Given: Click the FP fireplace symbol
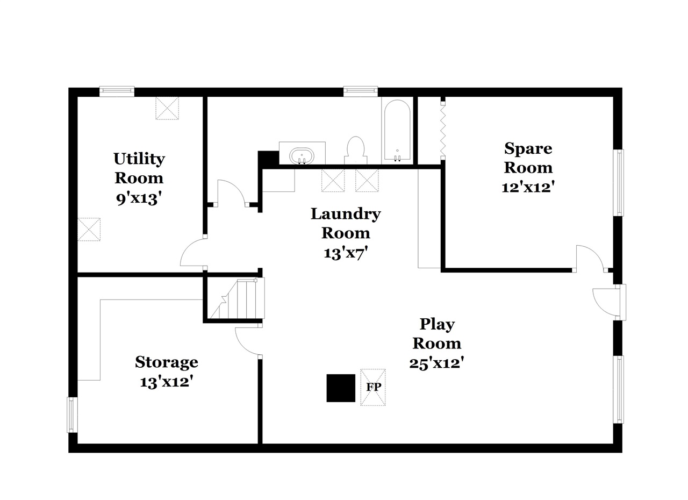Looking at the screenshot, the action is click(372, 387).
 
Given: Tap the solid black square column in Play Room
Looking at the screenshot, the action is click(341, 388).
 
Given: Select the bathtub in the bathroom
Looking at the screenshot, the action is click(397, 131).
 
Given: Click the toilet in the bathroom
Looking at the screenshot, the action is click(355, 150).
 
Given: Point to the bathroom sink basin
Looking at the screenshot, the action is click(302, 156).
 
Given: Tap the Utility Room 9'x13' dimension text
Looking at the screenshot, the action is click(139, 199).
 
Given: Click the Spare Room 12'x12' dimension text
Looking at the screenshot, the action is click(528, 187).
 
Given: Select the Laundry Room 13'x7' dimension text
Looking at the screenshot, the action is click(346, 253).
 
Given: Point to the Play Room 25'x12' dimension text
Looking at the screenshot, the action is click(436, 363).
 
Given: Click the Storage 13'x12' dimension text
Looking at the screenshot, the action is click(167, 382).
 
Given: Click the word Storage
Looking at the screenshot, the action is click(167, 363).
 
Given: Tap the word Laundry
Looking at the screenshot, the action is click(346, 215).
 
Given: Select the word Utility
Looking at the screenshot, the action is click(139, 159).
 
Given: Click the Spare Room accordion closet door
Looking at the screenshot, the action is click(443, 129).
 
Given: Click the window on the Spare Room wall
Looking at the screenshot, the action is click(618, 183).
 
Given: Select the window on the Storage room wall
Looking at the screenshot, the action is click(72, 415).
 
